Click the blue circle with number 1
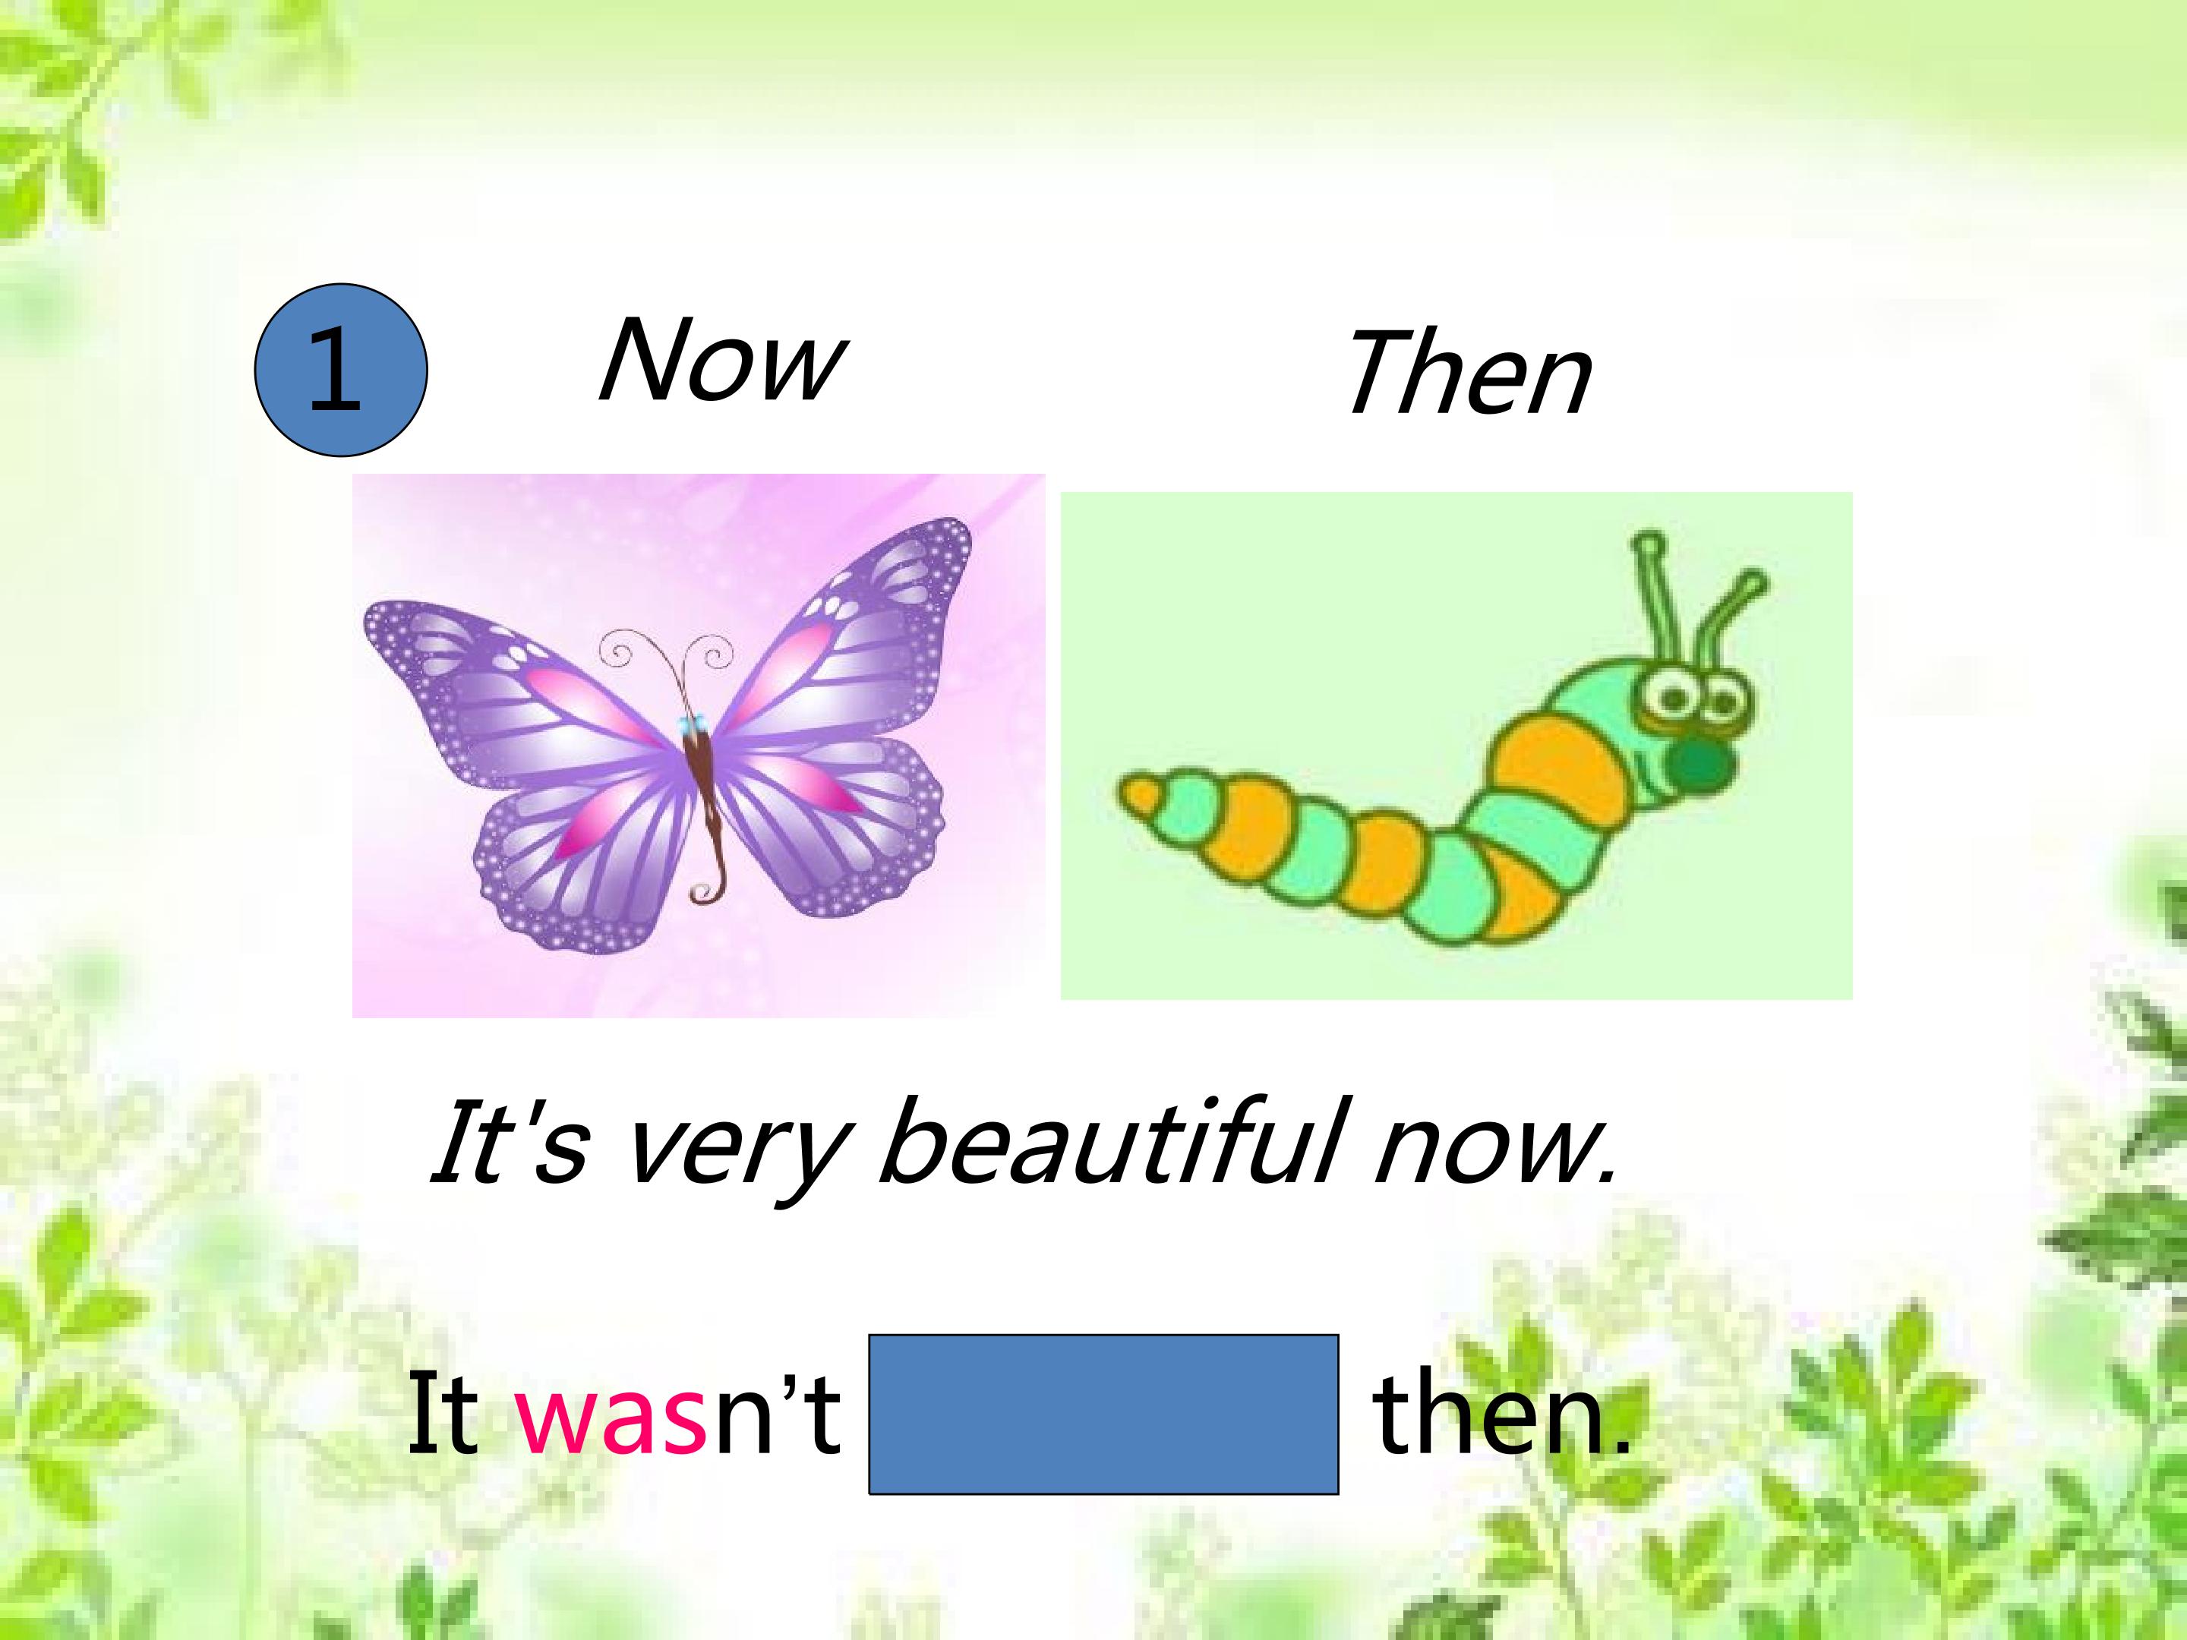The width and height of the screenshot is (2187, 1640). point(341,370)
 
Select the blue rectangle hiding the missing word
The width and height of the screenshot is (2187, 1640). point(1103,1414)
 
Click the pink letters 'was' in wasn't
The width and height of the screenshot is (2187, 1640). point(611,1414)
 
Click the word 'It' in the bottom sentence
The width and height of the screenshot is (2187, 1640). point(443,1414)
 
